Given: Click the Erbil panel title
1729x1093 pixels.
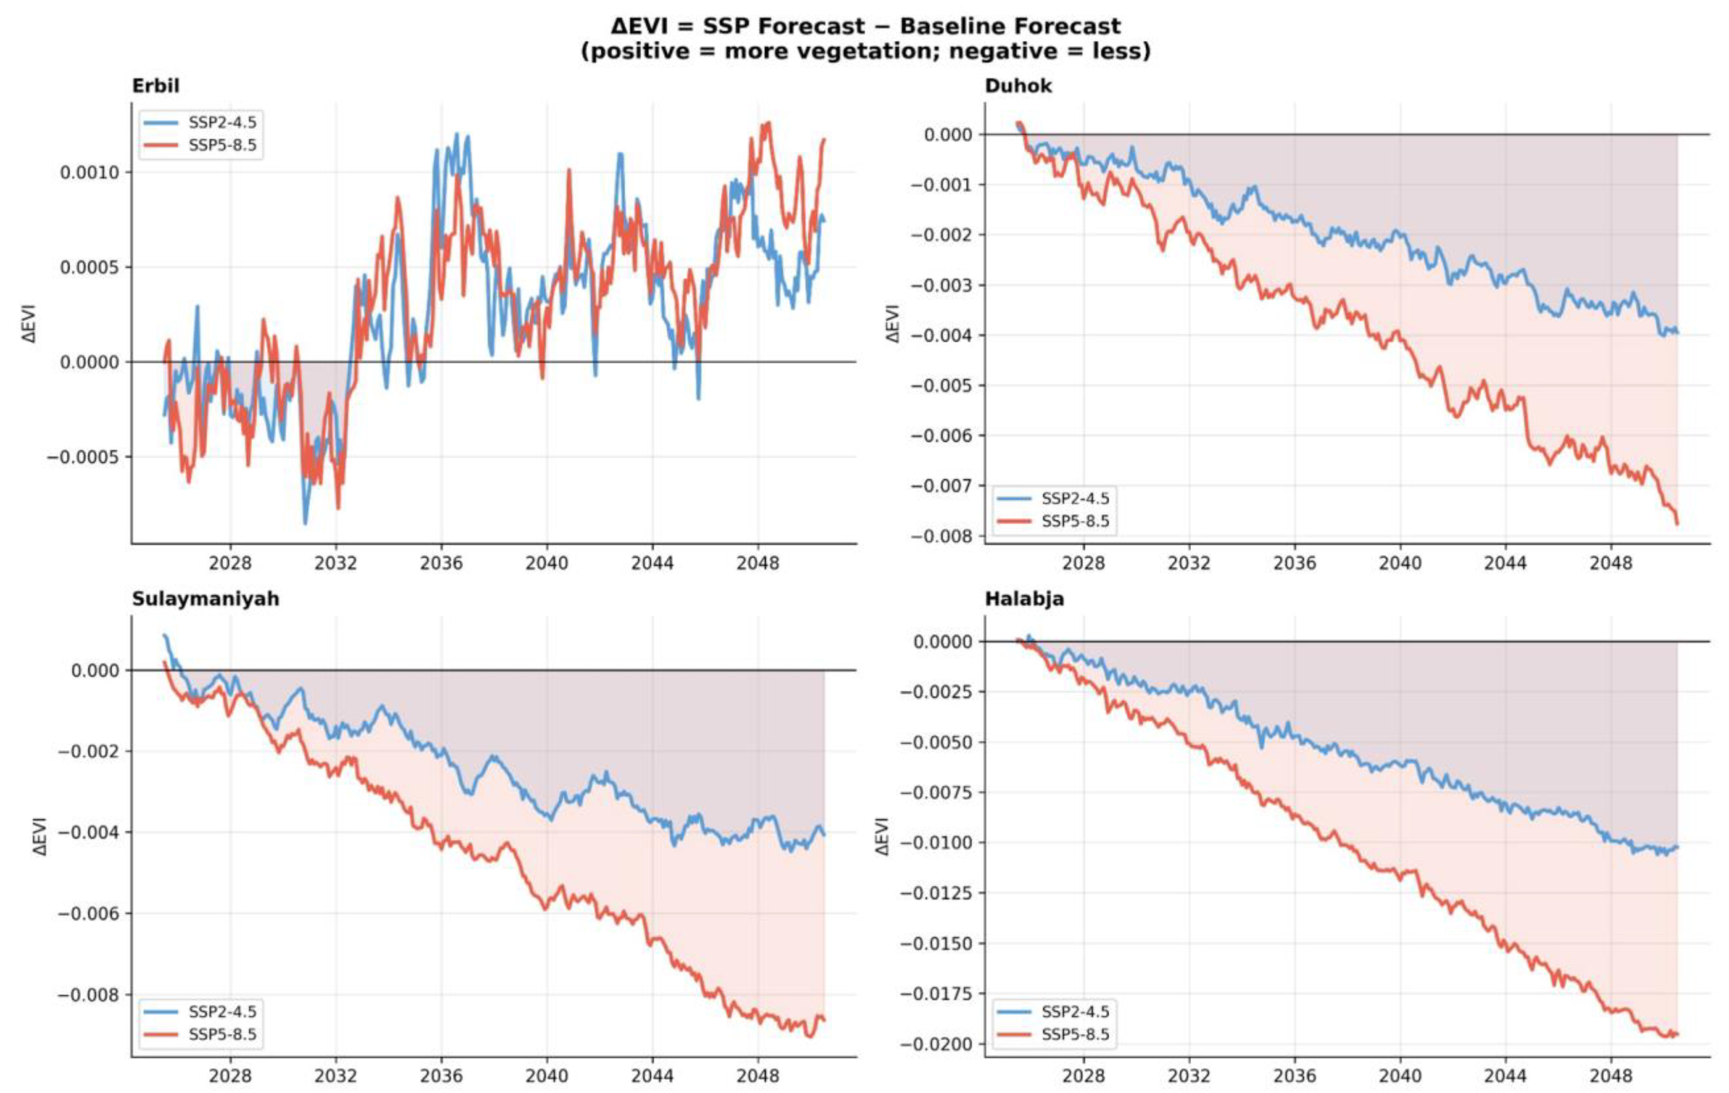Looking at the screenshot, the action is tap(156, 86).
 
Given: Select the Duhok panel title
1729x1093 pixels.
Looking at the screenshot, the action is tap(1018, 86).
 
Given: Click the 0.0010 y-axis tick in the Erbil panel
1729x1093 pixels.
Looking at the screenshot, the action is tap(90, 172).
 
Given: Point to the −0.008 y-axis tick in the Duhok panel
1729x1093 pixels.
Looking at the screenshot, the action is tap(941, 537).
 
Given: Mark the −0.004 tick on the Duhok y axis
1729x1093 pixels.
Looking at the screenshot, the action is tap(941, 335).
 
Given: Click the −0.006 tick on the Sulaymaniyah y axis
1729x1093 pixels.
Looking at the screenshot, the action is tap(88, 914).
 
